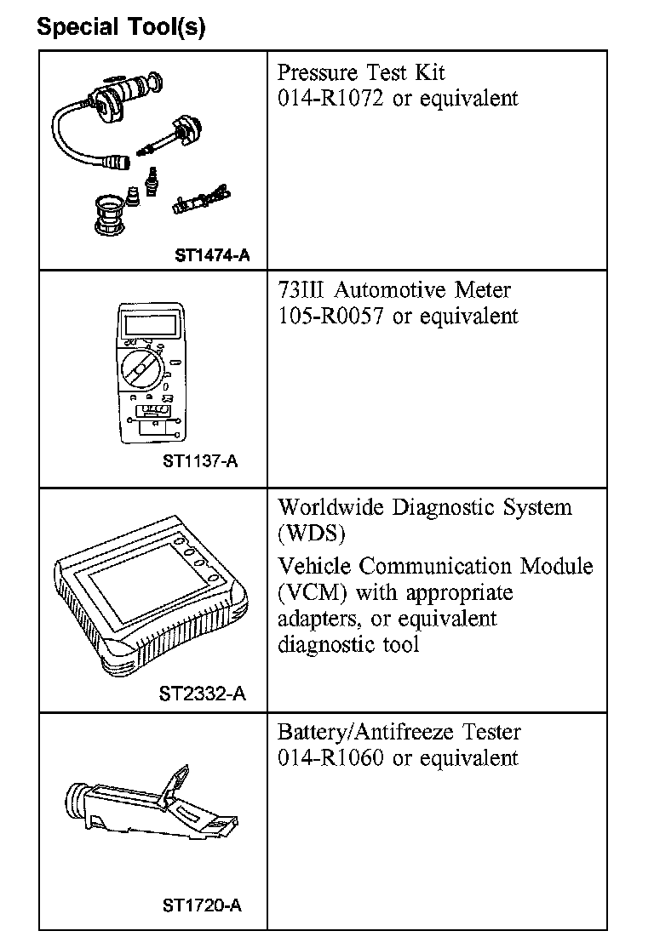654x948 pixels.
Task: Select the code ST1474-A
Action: point(213,254)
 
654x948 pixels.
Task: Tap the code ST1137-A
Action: point(200,462)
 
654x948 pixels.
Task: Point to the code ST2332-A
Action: point(203,694)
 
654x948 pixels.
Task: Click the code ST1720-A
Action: point(202,905)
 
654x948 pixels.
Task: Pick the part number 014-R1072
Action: point(332,99)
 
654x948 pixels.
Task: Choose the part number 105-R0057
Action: point(332,317)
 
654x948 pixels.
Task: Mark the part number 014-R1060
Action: point(332,757)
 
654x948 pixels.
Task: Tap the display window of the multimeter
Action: point(150,324)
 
